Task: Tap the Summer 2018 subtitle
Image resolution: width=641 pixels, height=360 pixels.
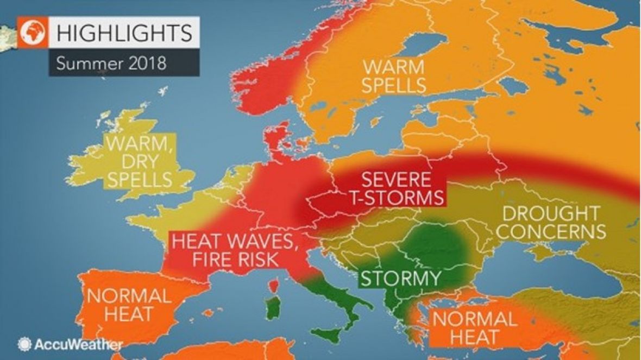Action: click(x=112, y=64)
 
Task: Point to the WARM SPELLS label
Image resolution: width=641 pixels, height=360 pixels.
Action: click(x=394, y=76)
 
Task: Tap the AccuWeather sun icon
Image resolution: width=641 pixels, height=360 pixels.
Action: click(x=24, y=345)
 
